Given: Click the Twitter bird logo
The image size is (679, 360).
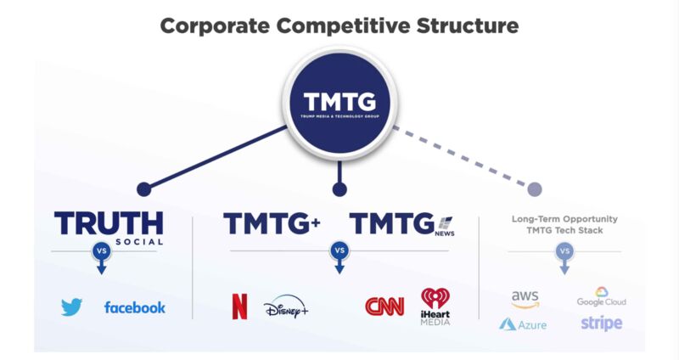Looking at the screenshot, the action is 71,307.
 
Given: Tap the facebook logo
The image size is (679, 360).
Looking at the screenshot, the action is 135,307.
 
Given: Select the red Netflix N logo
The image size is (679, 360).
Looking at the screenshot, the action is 240,307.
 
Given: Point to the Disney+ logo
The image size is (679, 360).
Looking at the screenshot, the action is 286,307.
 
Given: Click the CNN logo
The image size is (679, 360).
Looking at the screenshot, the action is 384,307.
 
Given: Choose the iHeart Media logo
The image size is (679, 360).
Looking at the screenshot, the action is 435,307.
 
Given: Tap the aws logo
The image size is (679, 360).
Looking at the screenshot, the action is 525,299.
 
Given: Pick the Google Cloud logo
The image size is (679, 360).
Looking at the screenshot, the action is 602,297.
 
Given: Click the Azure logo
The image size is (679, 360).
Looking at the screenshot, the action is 523,324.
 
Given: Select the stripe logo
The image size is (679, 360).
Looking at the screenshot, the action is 602,323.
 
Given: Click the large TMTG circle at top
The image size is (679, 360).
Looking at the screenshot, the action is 340,103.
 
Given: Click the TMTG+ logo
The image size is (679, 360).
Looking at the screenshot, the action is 272,223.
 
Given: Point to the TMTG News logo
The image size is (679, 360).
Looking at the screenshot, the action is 402,224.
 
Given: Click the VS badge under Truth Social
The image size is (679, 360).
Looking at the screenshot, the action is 101,250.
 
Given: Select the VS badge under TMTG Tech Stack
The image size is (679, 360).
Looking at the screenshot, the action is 564,251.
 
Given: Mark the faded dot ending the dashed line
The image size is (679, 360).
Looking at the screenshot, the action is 535,189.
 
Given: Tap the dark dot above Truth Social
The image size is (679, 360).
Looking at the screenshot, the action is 144,189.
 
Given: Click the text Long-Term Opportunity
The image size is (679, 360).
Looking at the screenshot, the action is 564,219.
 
